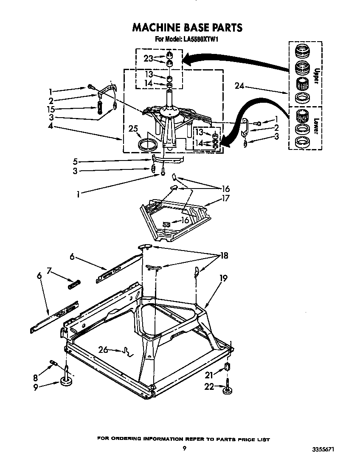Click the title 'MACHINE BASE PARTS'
[x=187, y=28]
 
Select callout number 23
[x=148, y=59]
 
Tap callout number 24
[x=240, y=86]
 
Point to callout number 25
[x=133, y=129]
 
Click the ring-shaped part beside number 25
[x=148, y=144]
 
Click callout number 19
[x=223, y=279]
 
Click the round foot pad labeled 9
[x=66, y=383]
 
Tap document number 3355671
[x=328, y=449]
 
